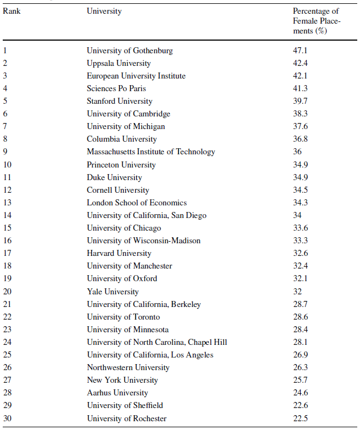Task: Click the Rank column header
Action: pos(12,11)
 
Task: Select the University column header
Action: pos(104,11)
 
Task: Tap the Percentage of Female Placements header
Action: pos(316,21)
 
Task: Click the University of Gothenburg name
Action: pos(130,51)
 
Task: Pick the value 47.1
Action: pos(301,51)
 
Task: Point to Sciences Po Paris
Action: pos(116,88)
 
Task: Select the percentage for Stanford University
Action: pos(301,101)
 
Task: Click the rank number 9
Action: pos(5,152)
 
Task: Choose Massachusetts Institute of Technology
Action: pos(151,152)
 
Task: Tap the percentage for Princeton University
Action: pos(301,165)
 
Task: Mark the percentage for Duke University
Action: pos(301,177)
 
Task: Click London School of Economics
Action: pos(136,203)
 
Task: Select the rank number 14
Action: pos(7,215)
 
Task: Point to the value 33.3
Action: pos(301,241)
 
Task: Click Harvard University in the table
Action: pos(119,253)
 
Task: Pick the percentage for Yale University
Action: pos(297,292)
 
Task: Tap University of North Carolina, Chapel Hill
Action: pos(157,342)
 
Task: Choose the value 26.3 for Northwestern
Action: pos(301,367)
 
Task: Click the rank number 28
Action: pos(7,393)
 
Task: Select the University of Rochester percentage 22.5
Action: pos(301,418)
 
